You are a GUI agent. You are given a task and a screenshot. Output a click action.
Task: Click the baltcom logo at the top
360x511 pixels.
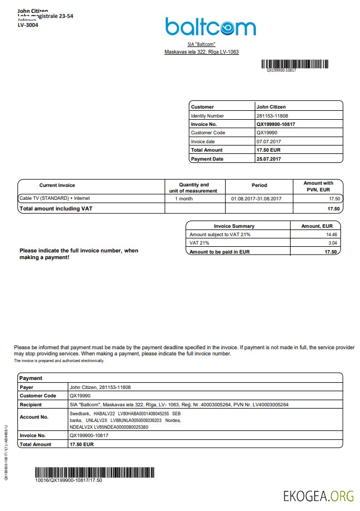pyautogui.click(x=210, y=26)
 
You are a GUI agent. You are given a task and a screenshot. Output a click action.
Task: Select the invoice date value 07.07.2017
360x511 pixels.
pyautogui.click(x=268, y=142)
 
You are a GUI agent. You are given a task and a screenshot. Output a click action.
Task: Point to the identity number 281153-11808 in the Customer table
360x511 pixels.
pyautogui.click(x=272, y=115)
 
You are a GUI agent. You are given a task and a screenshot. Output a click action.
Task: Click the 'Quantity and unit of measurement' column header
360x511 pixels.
pyautogui.click(x=193, y=187)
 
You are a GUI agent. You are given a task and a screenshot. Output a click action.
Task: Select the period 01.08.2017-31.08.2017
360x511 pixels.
pyautogui.click(x=256, y=199)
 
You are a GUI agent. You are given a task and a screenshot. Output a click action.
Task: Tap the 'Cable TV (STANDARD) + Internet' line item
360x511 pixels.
pyautogui.click(x=54, y=198)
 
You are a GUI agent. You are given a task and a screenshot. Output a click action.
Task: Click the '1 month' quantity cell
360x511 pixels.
pyautogui.click(x=184, y=199)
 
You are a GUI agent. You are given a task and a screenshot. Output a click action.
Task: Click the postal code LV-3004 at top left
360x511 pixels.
pyautogui.click(x=28, y=25)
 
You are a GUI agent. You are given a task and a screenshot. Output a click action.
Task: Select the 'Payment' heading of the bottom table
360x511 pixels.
pyautogui.click(x=31, y=378)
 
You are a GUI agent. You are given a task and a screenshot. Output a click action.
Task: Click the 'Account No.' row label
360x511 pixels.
pyautogui.click(x=34, y=417)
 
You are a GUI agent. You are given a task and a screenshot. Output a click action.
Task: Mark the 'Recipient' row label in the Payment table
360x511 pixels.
pyautogui.click(x=31, y=405)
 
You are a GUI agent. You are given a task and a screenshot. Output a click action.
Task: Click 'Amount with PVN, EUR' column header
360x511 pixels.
pyautogui.click(x=318, y=186)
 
